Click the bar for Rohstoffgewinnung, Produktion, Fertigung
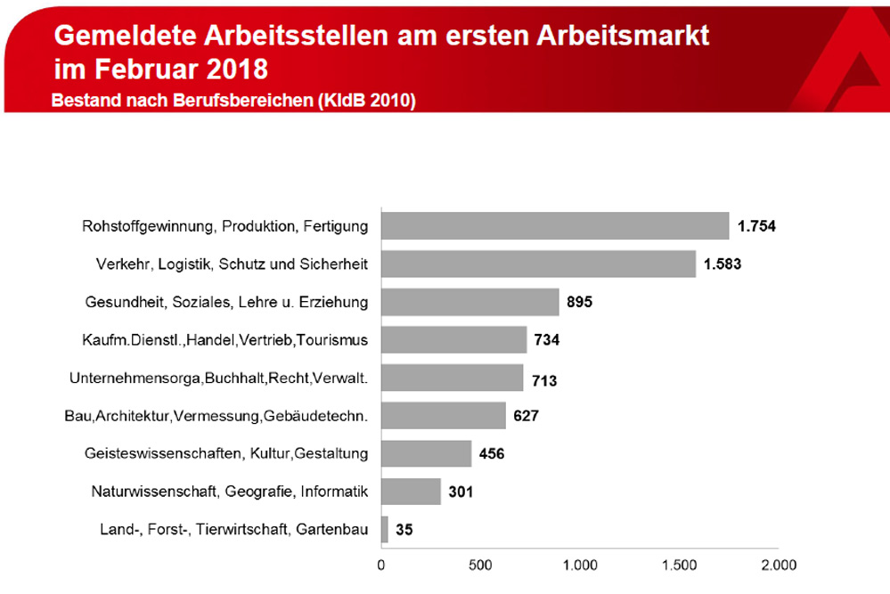point(555,226)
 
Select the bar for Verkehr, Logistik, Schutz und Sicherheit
point(538,264)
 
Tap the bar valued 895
point(470,302)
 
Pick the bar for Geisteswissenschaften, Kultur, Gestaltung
point(426,453)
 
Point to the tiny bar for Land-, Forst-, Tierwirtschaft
point(385,530)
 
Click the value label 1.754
point(756,226)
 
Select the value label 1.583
point(723,264)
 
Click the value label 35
point(404,530)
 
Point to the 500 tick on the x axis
point(480,565)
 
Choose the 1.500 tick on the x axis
point(678,565)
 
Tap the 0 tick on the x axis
point(381,565)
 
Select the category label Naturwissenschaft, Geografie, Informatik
point(230,492)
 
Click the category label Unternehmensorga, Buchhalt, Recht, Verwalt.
point(219,378)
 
